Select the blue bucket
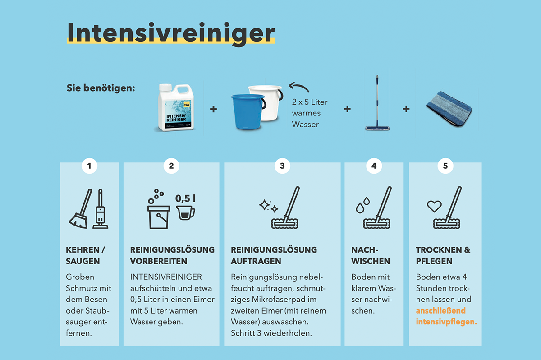click(x=248, y=111)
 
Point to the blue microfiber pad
click(x=449, y=109)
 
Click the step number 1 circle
click(x=89, y=166)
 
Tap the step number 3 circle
click(x=282, y=166)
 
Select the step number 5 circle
click(x=445, y=166)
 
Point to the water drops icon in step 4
click(x=363, y=205)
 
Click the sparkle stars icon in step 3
click(x=269, y=206)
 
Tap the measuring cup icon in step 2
click(x=185, y=212)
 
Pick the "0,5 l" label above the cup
click(x=185, y=198)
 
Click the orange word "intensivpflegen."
click(x=446, y=322)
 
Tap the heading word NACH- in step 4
click(x=365, y=250)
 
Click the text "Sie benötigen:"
click(x=101, y=88)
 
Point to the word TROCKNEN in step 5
click(x=439, y=250)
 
